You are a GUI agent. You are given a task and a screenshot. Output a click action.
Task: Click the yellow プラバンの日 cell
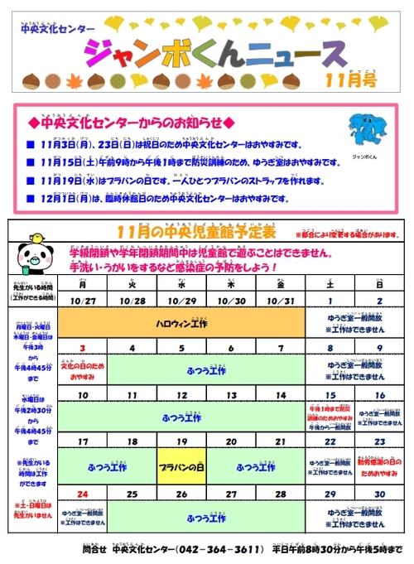(181, 468)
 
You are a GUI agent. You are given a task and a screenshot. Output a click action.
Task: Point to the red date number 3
(82, 348)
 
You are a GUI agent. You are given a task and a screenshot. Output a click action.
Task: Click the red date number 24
(82, 494)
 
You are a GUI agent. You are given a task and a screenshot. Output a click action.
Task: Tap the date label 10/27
(82, 300)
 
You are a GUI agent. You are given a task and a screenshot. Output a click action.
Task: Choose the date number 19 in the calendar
(181, 443)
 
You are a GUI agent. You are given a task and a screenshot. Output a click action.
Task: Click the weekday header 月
(82, 284)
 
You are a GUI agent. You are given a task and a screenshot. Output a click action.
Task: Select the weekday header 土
(330, 284)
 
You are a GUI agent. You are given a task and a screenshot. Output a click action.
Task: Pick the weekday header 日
(379, 284)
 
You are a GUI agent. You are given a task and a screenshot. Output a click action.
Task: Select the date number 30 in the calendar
(379, 494)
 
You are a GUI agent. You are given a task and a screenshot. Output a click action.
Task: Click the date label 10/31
(281, 300)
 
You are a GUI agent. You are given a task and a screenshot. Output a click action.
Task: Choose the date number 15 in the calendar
(330, 395)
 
